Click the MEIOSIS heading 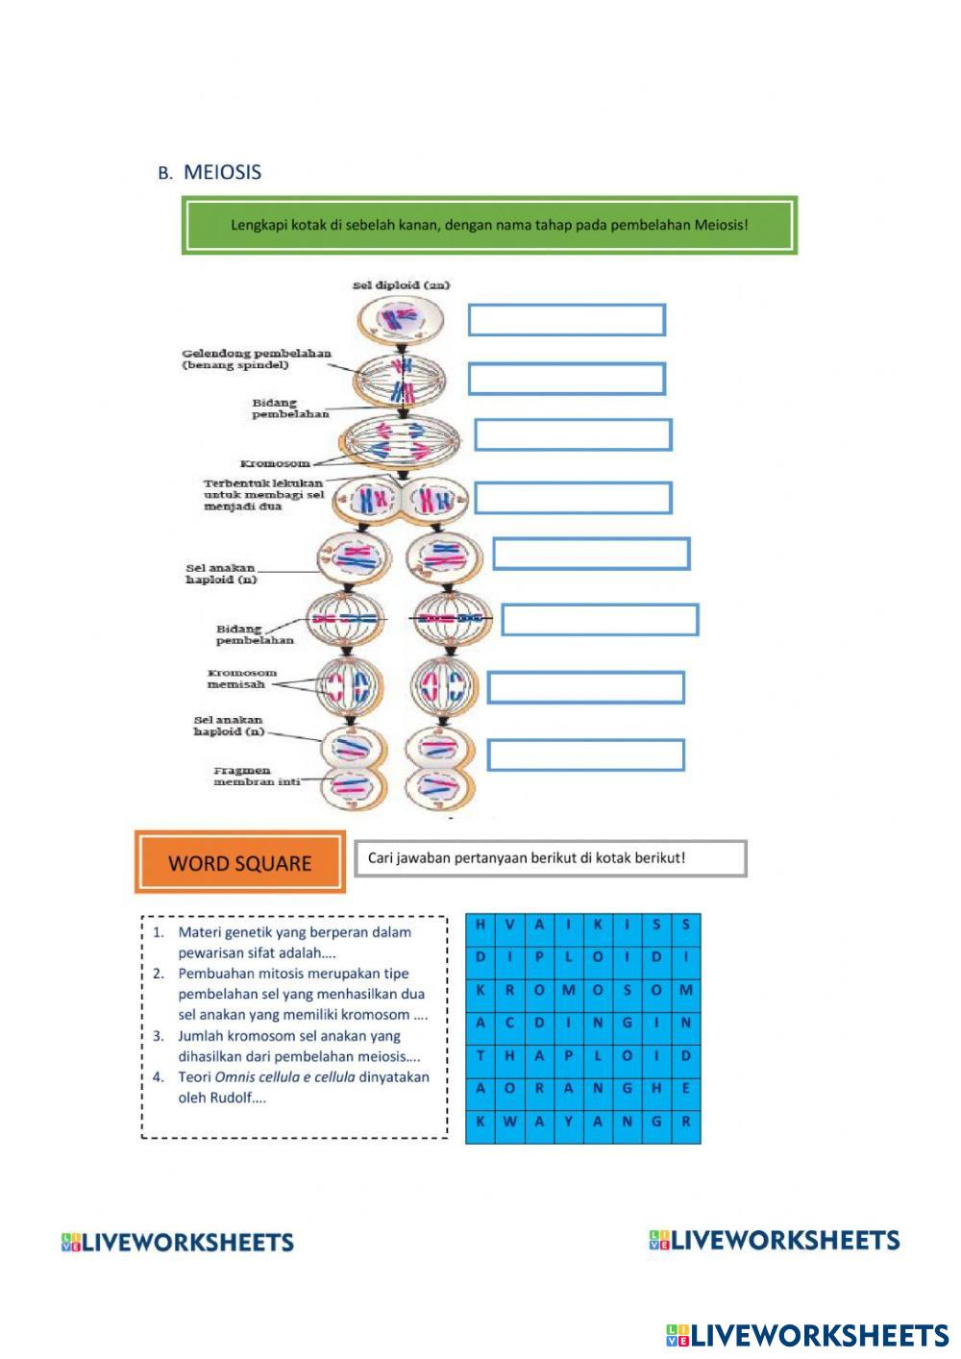click(222, 173)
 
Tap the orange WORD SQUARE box click(240, 862)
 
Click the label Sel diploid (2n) click(401, 285)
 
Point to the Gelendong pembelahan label click(257, 358)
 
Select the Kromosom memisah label click(241, 679)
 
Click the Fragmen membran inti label click(257, 776)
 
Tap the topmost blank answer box click(567, 320)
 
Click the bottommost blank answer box click(585, 755)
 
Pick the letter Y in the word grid click(569, 1122)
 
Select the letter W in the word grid click(509, 1122)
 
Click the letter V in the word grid click(509, 925)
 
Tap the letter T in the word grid click(480, 1055)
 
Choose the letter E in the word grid click(686, 1088)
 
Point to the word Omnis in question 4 click(235, 1076)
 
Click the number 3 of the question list click(158, 1036)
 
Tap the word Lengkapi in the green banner click(259, 226)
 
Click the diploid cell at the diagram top click(401, 319)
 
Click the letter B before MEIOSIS click(164, 174)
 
